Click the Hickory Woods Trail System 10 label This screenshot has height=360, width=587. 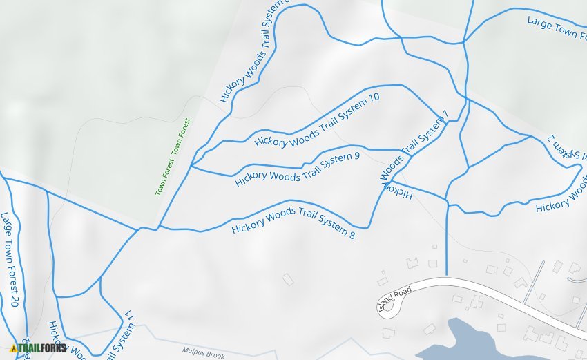pos(317,120)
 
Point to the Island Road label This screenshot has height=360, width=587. pos(395,299)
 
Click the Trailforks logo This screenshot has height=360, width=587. pos(39,348)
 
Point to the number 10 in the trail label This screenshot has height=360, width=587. pos(374,98)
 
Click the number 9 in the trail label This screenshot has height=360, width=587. pos(356,156)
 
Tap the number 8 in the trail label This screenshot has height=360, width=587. pos(352,235)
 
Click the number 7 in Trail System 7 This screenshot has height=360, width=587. pos(445,114)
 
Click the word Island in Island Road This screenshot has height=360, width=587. pos(389,303)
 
